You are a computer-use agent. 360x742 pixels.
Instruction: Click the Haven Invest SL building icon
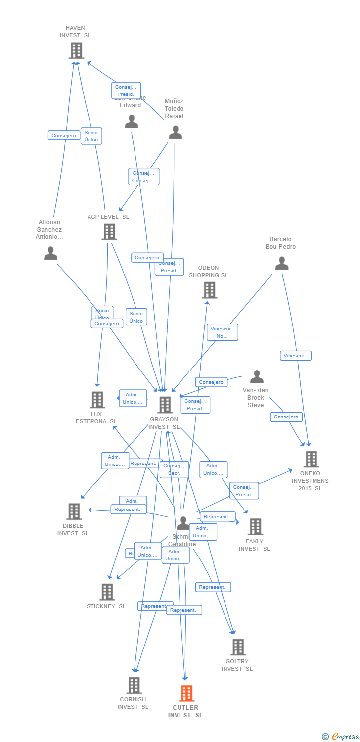pos(76,50)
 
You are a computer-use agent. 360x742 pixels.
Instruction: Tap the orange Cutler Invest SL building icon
pos(186,694)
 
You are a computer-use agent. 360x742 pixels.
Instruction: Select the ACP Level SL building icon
pos(109,232)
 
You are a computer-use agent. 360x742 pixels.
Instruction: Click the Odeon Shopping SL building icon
pos(210,290)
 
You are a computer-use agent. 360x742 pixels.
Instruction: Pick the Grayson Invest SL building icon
pos(165,405)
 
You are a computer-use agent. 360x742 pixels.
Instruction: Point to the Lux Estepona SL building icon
pos(97,400)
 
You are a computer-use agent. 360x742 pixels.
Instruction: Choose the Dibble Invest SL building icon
pos(74,511)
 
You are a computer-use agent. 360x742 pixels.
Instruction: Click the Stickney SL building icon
pos(107,592)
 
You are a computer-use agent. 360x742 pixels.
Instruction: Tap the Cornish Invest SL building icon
pos(134,685)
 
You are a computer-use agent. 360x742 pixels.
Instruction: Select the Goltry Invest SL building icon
pos(238,647)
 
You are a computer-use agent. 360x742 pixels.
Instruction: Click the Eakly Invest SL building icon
pos(255,527)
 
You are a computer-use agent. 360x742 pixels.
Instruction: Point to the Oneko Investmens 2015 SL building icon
pos(311,459)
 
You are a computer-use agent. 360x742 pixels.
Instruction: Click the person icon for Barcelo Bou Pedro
pos(282,263)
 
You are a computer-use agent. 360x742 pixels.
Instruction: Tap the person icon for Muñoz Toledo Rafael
pos(176,133)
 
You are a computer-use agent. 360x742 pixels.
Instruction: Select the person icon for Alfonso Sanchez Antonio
pos(50,253)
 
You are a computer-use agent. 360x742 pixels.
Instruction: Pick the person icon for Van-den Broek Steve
pos(257,377)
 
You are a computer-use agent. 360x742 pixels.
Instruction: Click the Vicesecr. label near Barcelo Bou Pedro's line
pos(296,356)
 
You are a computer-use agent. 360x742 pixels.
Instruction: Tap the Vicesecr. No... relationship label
pos(223,332)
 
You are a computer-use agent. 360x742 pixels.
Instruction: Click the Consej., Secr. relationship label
pos(174,469)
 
